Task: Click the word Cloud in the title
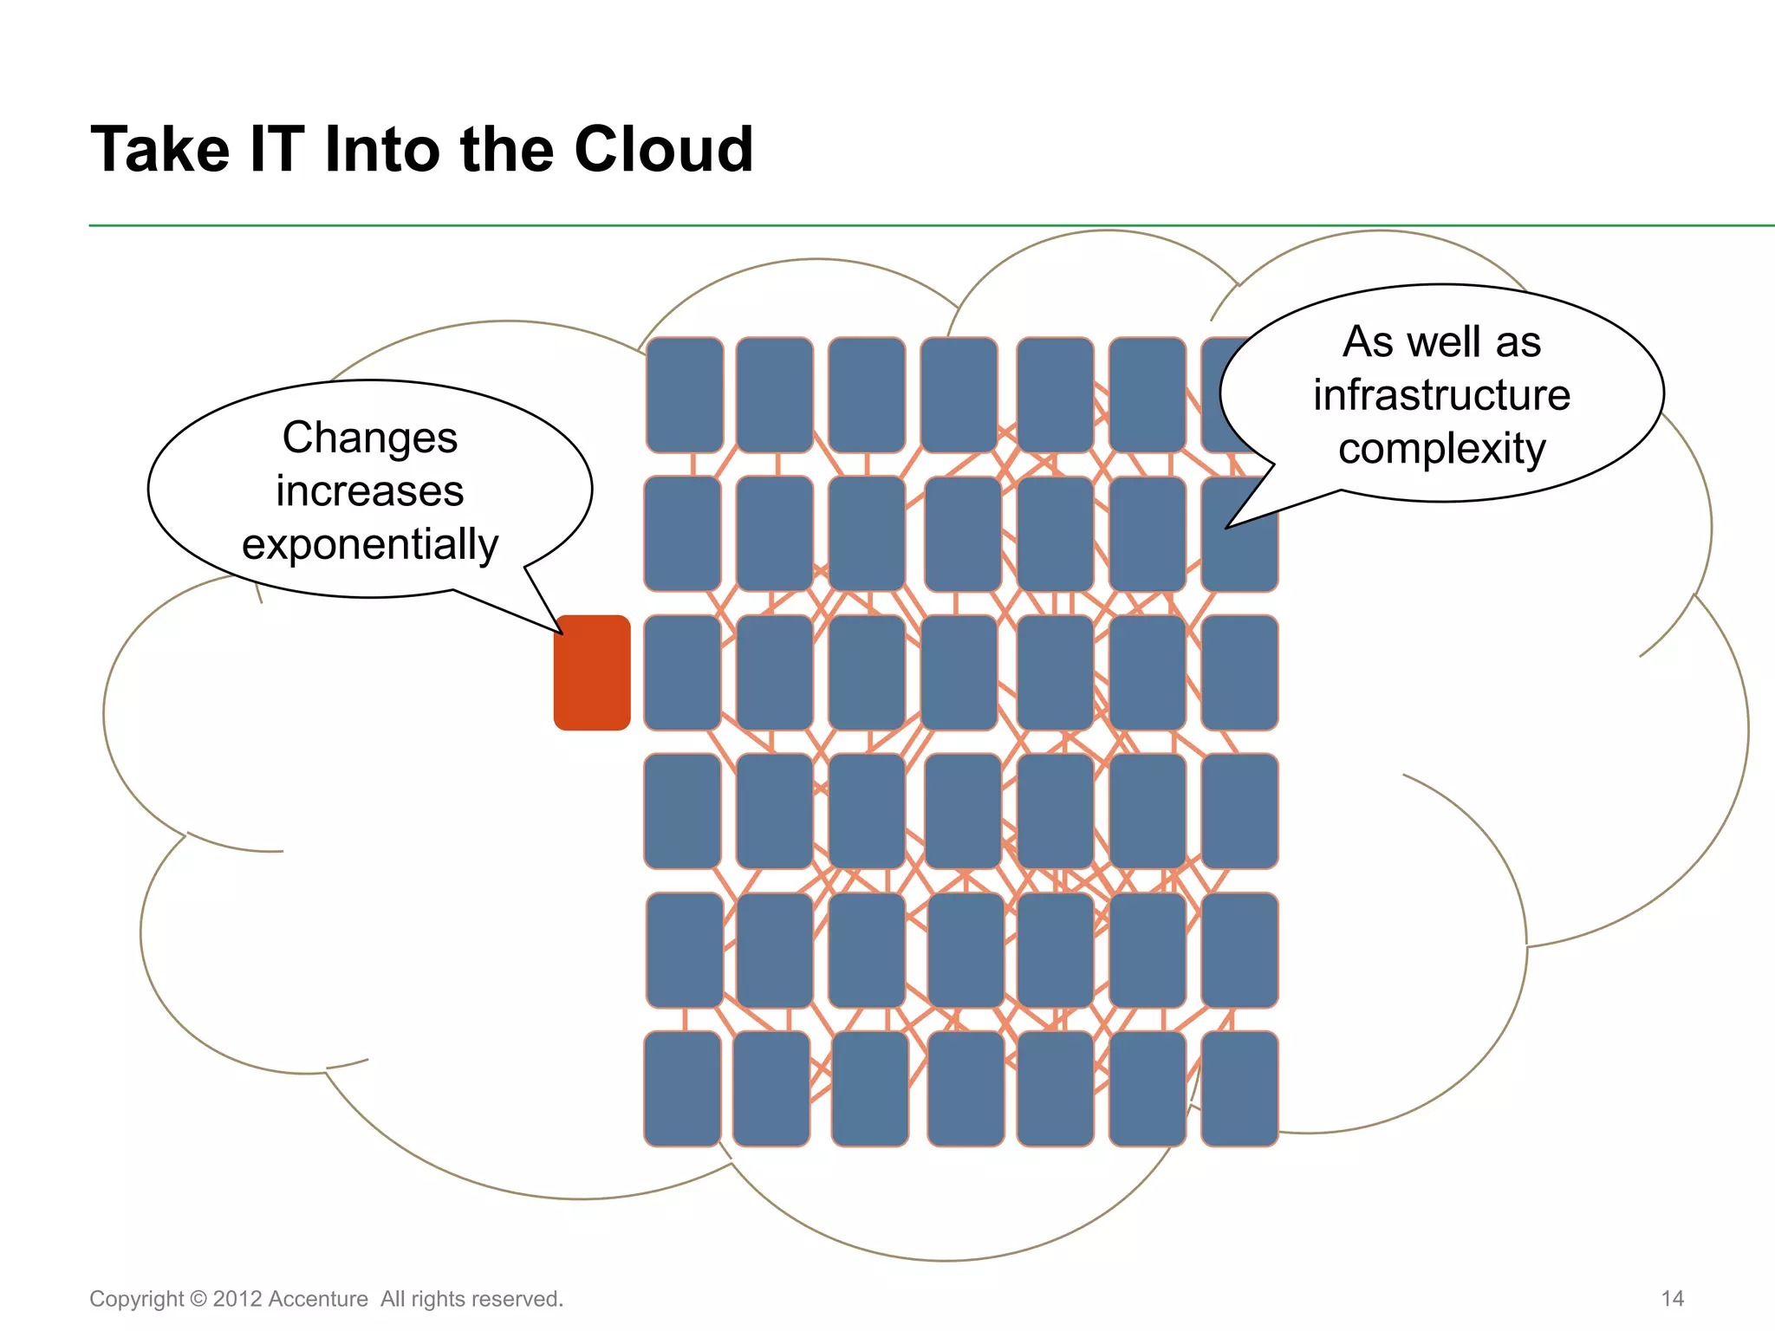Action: pyautogui.click(x=663, y=149)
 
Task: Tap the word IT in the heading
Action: pyautogui.click(x=276, y=149)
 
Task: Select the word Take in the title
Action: pyautogui.click(x=159, y=149)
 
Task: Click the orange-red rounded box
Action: pyautogui.click(x=592, y=672)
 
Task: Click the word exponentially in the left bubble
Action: pyautogui.click(x=370, y=544)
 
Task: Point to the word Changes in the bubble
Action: pyautogui.click(x=370, y=438)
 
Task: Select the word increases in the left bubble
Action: pyautogui.click(x=370, y=491)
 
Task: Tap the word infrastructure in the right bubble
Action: pyautogui.click(x=1441, y=395)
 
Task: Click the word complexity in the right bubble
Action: pyautogui.click(x=1441, y=449)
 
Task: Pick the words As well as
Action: pyautogui.click(x=1441, y=341)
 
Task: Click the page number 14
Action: pyautogui.click(x=1672, y=1298)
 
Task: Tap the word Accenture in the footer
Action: pyautogui.click(x=318, y=1299)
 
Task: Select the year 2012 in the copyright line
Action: pyautogui.click(x=237, y=1299)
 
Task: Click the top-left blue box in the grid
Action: pyautogui.click(x=685, y=395)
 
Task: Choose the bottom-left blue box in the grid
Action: pyautogui.click(x=683, y=1088)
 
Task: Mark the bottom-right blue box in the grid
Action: pyautogui.click(x=1239, y=1088)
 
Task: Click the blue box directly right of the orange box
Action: pyautogui.click(x=683, y=672)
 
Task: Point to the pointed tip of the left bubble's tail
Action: pyautogui.click(x=562, y=633)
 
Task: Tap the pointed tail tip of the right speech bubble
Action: pyautogui.click(x=1226, y=528)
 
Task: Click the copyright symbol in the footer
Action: pyautogui.click(x=198, y=1299)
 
